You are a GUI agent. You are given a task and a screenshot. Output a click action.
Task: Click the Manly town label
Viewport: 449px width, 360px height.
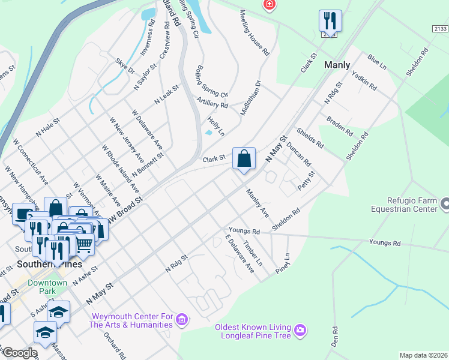[337, 64]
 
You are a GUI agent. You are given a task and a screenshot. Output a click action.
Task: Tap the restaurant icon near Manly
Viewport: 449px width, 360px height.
[330, 20]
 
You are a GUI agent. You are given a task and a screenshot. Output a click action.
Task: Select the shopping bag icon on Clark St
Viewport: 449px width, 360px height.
[244, 159]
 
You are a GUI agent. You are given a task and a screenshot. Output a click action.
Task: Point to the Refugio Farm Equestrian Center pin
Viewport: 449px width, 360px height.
[444, 205]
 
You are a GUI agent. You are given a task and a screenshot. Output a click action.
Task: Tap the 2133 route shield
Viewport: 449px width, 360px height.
[440, 29]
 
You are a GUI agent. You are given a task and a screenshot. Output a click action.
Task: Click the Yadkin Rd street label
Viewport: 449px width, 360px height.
[364, 79]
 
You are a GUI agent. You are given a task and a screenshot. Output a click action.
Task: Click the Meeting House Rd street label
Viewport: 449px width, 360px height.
[255, 33]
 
